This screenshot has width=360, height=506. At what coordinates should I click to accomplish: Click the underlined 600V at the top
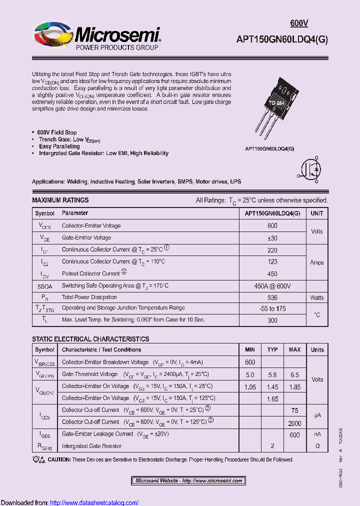pyautogui.click(x=299, y=23)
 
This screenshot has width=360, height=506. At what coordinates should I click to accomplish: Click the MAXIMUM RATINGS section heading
pyautogui.click(x=60, y=200)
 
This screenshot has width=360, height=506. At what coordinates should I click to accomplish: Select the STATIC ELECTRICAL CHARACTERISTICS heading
pyautogui.click(x=90, y=339)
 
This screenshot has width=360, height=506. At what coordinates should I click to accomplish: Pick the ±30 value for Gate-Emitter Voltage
pyautogui.click(x=272, y=238)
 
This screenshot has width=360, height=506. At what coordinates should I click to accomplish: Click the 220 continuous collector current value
pyautogui.click(x=272, y=249)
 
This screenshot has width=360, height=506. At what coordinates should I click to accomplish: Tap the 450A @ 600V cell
pyautogui.click(x=272, y=286)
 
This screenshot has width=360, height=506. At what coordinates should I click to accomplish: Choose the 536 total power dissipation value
pyautogui.click(x=272, y=297)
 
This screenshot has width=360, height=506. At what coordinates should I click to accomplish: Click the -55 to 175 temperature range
pyautogui.click(x=272, y=309)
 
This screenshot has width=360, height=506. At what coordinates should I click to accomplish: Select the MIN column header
pyautogui.click(x=250, y=350)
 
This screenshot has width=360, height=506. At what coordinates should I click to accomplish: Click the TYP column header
pyautogui.click(x=272, y=350)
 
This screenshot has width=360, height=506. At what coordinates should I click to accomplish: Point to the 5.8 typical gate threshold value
pyautogui.click(x=272, y=374)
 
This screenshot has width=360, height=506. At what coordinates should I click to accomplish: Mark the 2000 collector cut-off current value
pyautogui.click(x=294, y=422)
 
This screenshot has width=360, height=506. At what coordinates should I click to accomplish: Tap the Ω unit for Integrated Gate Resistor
pyautogui.click(x=317, y=445)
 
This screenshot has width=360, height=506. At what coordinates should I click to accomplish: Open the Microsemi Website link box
pyautogui.click(x=188, y=481)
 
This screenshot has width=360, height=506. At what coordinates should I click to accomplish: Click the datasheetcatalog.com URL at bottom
pyautogui.click(x=94, y=502)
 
